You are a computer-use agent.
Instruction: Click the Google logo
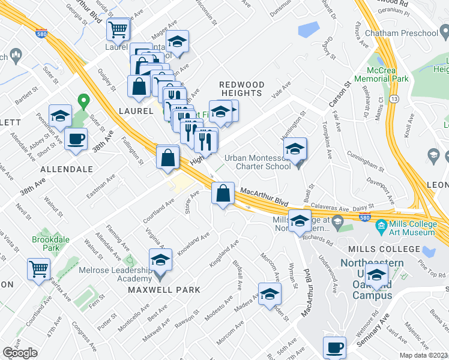pyautogui.click(x=20, y=353)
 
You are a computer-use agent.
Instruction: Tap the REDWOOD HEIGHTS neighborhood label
pyautogui.click(x=240, y=89)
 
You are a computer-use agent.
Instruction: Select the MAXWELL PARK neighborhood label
pyautogui.click(x=164, y=290)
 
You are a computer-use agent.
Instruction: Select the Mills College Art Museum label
pyautogui.click(x=405, y=228)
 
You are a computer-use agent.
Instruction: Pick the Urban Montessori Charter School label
pyautogui.click(x=258, y=162)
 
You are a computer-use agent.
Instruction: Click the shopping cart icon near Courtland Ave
pyautogui.click(x=39, y=268)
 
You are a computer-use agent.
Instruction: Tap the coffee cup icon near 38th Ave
pyautogui.click(x=76, y=139)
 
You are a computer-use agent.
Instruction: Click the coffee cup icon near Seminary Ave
pyautogui.click(x=334, y=347)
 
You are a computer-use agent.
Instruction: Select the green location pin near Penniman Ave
pyautogui.click(x=83, y=100)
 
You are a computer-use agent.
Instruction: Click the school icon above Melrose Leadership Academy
pyautogui.click(x=160, y=260)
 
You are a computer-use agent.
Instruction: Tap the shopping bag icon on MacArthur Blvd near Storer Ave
pyautogui.click(x=223, y=193)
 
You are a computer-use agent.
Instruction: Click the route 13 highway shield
pyautogui.click(x=394, y=97)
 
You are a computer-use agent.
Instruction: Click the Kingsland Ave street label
pyautogui.click(x=224, y=254)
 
